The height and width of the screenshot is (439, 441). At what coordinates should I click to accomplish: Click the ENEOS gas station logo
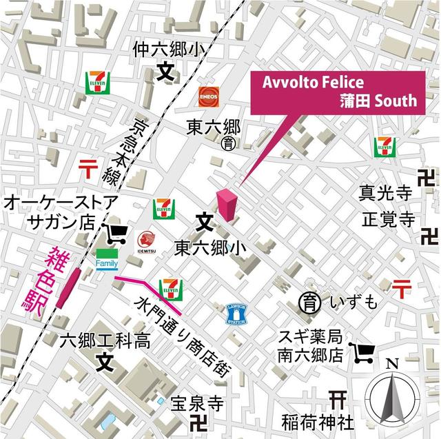point(208,95)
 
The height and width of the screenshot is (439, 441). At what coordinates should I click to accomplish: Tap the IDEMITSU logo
point(145,241)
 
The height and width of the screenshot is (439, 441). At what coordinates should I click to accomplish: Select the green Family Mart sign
point(107,259)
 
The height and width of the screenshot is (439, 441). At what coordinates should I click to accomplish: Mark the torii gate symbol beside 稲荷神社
point(338,399)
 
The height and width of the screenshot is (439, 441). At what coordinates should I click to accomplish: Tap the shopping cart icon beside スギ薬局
point(362,354)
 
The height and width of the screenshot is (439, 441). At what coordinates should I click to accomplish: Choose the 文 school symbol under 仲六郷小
point(165,70)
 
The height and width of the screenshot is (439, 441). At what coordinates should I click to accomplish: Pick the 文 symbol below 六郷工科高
point(104,359)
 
